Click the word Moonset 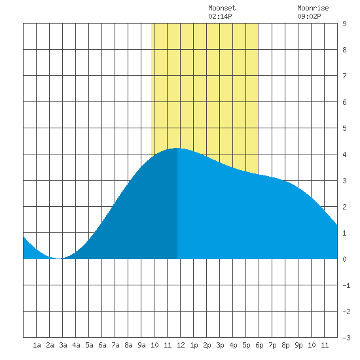(x=222, y=8)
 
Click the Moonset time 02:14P (x=220, y=16)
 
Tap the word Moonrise (x=313, y=8)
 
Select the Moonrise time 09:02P (x=309, y=16)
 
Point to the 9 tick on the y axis (x=344, y=24)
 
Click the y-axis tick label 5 (x=344, y=128)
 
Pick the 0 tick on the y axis (x=344, y=259)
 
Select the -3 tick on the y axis (x=346, y=338)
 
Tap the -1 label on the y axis (x=346, y=285)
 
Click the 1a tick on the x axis (x=37, y=345)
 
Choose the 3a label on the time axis (x=63, y=345)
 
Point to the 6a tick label (x=102, y=345)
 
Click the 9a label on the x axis (x=141, y=345)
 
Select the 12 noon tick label (x=181, y=345)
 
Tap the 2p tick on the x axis (x=207, y=345)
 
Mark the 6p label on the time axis (x=259, y=345)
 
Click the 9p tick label (x=298, y=345)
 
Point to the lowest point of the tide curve (x=58, y=259)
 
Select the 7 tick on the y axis (x=344, y=76)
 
